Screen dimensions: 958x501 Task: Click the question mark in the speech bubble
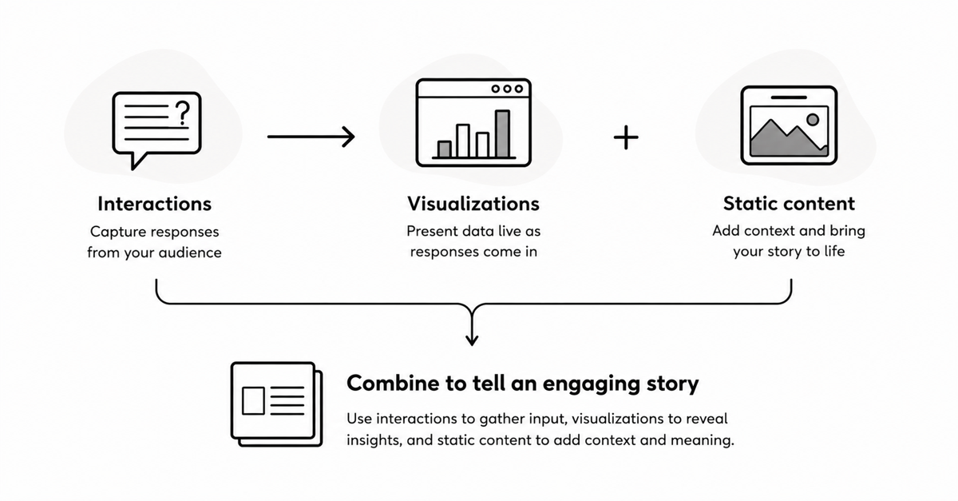pyautogui.click(x=183, y=113)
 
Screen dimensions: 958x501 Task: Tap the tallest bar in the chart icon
pyautogui.click(x=502, y=134)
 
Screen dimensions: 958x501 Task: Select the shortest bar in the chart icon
pyautogui.click(x=445, y=149)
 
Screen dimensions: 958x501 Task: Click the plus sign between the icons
pyautogui.click(x=626, y=137)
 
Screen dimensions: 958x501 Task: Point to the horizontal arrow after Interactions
pyautogui.click(x=311, y=137)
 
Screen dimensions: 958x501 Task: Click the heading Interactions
pyautogui.click(x=154, y=204)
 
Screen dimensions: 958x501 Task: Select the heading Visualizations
pyautogui.click(x=473, y=204)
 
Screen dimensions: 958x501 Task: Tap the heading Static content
pyautogui.click(x=789, y=204)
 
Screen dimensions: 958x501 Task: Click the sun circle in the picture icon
pyautogui.click(x=813, y=120)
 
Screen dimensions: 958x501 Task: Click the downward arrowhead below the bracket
pyautogui.click(x=472, y=339)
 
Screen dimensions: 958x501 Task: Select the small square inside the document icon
pyautogui.click(x=253, y=401)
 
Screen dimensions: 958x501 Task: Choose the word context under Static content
pyautogui.click(x=770, y=231)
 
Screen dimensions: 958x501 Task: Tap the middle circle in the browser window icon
pyautogui.click(x=507, y=89)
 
